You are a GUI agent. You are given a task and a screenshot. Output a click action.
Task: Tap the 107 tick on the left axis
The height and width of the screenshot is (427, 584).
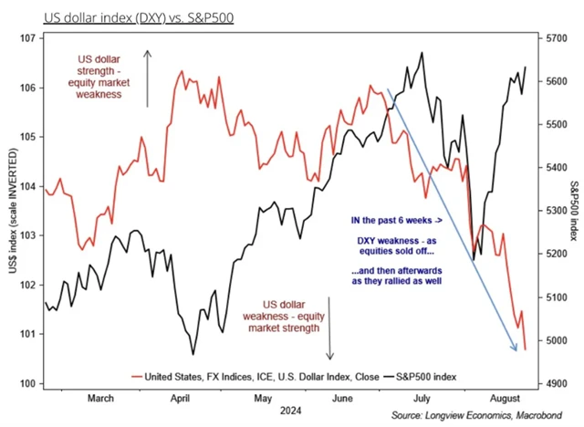click(25, 38)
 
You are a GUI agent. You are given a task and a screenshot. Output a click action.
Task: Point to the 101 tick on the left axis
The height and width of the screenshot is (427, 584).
click(25, 334)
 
